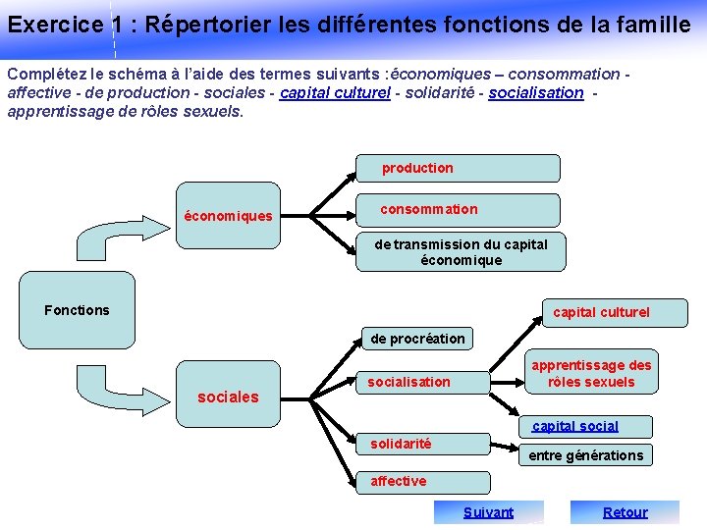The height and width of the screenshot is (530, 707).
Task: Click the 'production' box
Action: (x=457, y=168)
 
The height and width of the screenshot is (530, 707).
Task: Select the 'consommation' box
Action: (x=457, y=209)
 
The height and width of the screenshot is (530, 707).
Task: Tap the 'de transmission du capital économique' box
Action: (x=461, y=252)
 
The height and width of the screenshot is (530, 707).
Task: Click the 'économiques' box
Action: (x=228, y=216)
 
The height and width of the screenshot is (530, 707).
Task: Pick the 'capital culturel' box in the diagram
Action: (x=601, y=312)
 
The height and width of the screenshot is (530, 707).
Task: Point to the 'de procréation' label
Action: (x=417, y=339)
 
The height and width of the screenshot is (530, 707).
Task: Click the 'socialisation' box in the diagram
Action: (x=422, y=382)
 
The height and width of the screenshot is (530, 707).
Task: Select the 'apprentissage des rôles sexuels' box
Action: (x=592, y=373)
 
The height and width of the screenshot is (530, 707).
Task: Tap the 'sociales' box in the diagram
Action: (x=228, y=397)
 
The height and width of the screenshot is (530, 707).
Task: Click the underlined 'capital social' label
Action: (x=575, y=426)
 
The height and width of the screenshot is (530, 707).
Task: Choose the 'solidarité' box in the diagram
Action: (x=422, y=445)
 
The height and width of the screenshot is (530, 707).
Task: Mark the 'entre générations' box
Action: (x=586, y=454)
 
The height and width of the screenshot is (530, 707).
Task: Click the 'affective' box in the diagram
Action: (x=422, y=481)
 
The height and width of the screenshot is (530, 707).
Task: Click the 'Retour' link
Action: (x=625, y=511)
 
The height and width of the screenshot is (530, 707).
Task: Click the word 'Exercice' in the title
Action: (x=53, y=25)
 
